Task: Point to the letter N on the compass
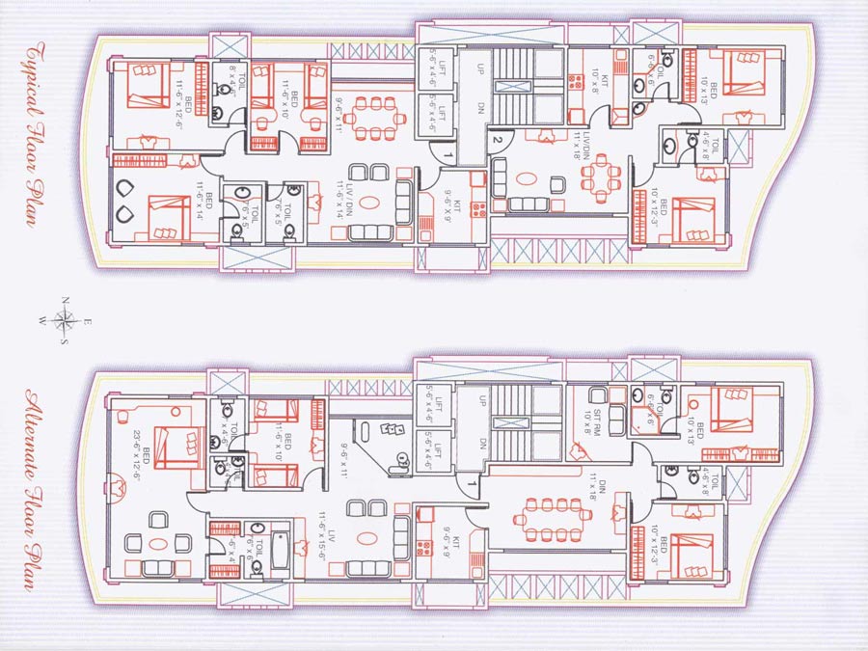point(65,301)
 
